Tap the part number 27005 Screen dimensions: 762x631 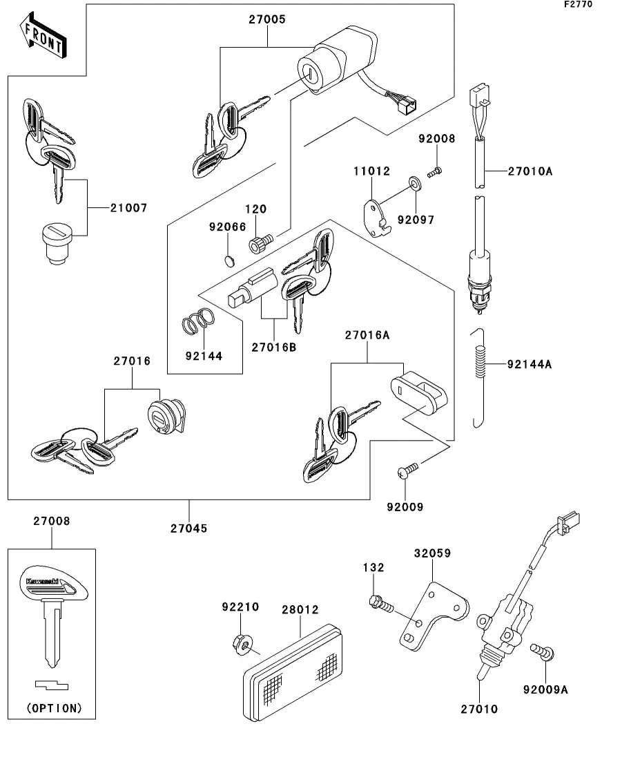267,20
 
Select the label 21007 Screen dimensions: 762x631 128,207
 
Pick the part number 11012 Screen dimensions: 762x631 373,171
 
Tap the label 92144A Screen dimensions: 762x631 530,364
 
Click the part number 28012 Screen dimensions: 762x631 300,610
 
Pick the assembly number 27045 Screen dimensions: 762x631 189,528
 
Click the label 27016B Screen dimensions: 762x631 273,347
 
